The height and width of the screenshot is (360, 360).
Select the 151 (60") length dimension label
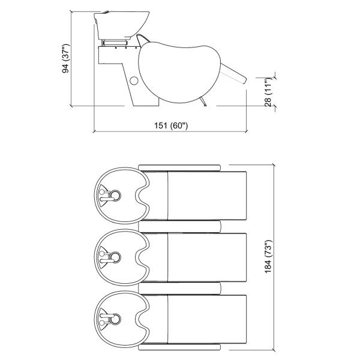coord(172,125)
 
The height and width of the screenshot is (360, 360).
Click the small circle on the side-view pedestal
coord(134,80)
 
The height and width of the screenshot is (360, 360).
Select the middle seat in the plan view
coord(207,257)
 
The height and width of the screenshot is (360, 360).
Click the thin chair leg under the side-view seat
coord(205,103)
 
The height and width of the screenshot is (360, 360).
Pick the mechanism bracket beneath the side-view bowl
coord(118,43)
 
